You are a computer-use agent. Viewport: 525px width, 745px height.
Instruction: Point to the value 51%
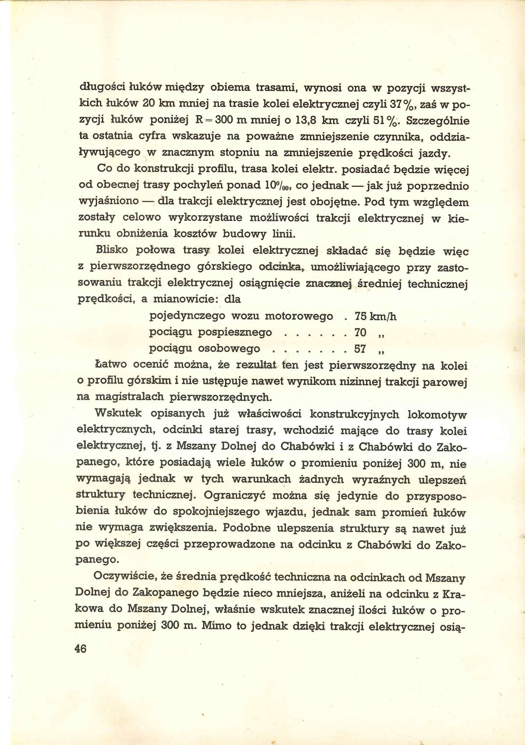pos(384,121)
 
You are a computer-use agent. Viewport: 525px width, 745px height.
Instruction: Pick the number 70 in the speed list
pos(360,333)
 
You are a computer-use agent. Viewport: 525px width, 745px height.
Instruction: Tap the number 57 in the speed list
pos(360,349)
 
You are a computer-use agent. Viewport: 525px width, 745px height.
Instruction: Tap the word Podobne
pos(246,529)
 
